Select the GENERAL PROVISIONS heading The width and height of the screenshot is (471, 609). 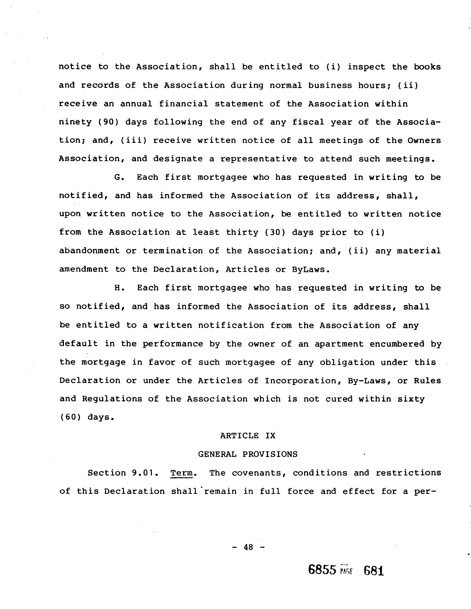coord(248,454)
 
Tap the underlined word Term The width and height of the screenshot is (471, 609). coord(182,473)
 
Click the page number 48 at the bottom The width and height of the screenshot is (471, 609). coord(248,547)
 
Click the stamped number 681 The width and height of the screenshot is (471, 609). coord(374,570)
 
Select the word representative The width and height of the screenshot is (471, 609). coord(259,159)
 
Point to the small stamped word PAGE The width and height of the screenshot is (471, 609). coord(346,571)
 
